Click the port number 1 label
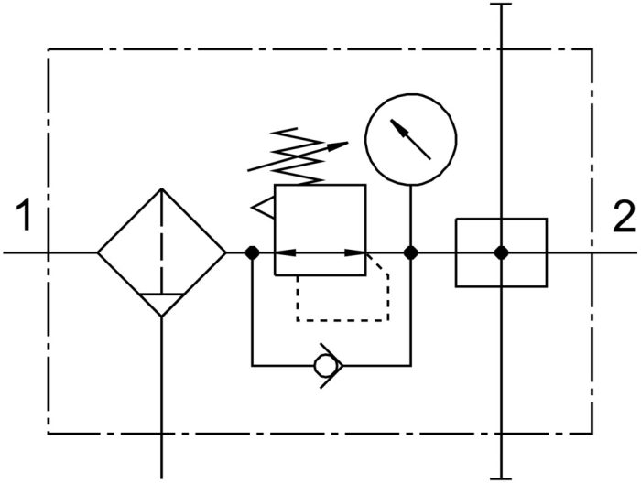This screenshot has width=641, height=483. click(x=24, y=214)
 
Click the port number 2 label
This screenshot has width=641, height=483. click(x=625, y=217)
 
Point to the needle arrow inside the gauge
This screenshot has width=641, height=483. click(x=410, y=139)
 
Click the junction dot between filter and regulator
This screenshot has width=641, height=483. click(x=252, y=252)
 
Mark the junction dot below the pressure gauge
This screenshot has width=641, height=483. click(x=411, y=252)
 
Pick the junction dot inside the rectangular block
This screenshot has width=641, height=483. click(x=501, y=252)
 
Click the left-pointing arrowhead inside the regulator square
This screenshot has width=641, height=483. click(x=286, y=252)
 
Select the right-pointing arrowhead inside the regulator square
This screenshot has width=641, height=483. click(x=355, y=252)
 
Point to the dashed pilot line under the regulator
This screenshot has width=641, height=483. click(x=342, y=320)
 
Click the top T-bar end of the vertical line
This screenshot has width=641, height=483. click(x=501, y=4)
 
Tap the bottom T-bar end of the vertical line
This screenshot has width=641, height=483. click(x=501, y=478)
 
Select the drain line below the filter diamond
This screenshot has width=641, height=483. click(x=162, y=398)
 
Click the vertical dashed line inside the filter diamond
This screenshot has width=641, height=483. click(x=162, y=241)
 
